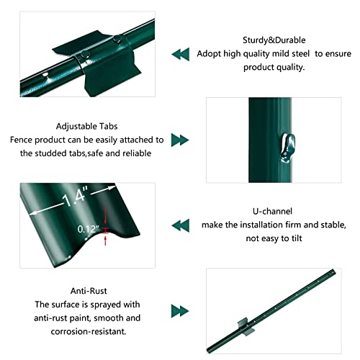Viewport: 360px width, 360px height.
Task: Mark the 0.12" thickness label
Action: [88, 229]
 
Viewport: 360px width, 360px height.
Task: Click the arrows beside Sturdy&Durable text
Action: [179, 54]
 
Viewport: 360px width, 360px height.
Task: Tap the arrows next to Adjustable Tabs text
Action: [179, 140]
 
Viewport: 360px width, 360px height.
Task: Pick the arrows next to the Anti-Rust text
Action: [179, 310]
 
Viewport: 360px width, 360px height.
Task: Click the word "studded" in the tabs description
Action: [59, 153]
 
